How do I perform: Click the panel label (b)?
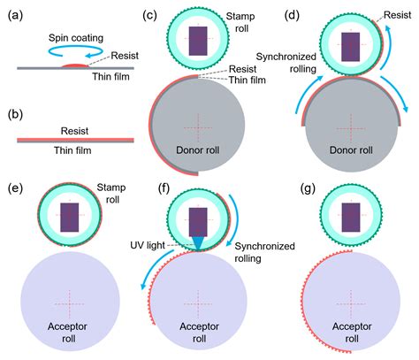point(15,114)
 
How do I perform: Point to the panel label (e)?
point(15,190)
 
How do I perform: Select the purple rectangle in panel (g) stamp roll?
point(351,216)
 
